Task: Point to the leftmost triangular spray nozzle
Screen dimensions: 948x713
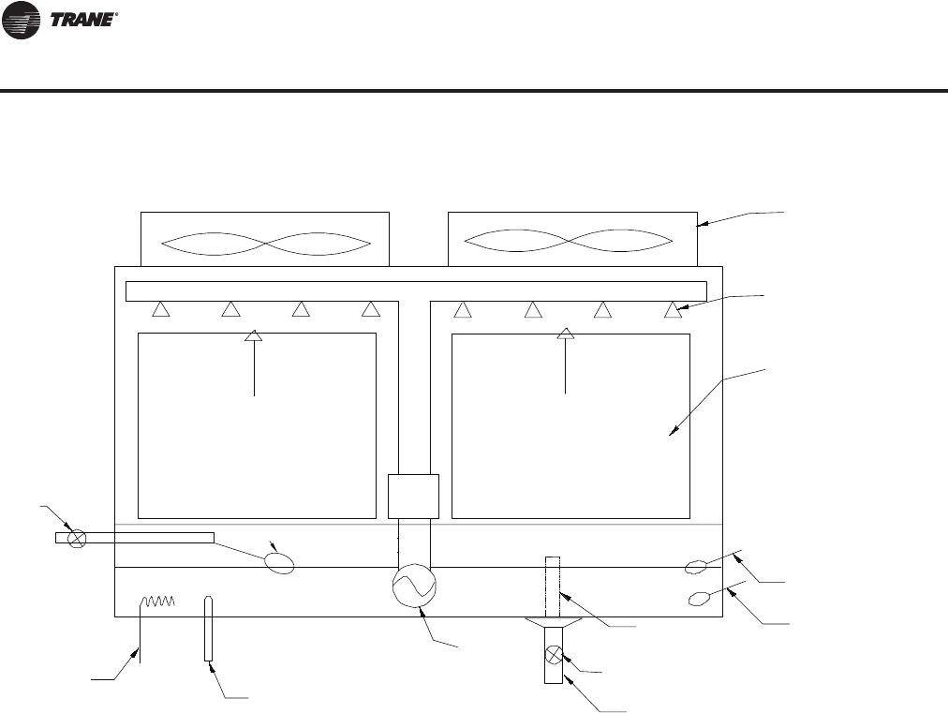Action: [x=160, y=308]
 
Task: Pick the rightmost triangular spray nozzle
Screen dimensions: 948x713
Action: [x=672, y=308]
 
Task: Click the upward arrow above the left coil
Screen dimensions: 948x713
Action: [x=253, y=335]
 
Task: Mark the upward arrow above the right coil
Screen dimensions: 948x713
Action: [x=565, y=334]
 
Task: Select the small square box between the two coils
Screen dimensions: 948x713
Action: [x=413, y=496]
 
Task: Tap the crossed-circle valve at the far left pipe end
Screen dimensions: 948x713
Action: [x=79, y=538]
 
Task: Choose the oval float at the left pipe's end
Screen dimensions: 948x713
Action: [x=279, y=563]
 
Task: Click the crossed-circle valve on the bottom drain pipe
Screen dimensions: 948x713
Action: [x=554, y=654]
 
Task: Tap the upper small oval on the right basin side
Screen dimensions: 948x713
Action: [x=695, y=566]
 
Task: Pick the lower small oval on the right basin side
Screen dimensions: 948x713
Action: [x=699, y=598]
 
